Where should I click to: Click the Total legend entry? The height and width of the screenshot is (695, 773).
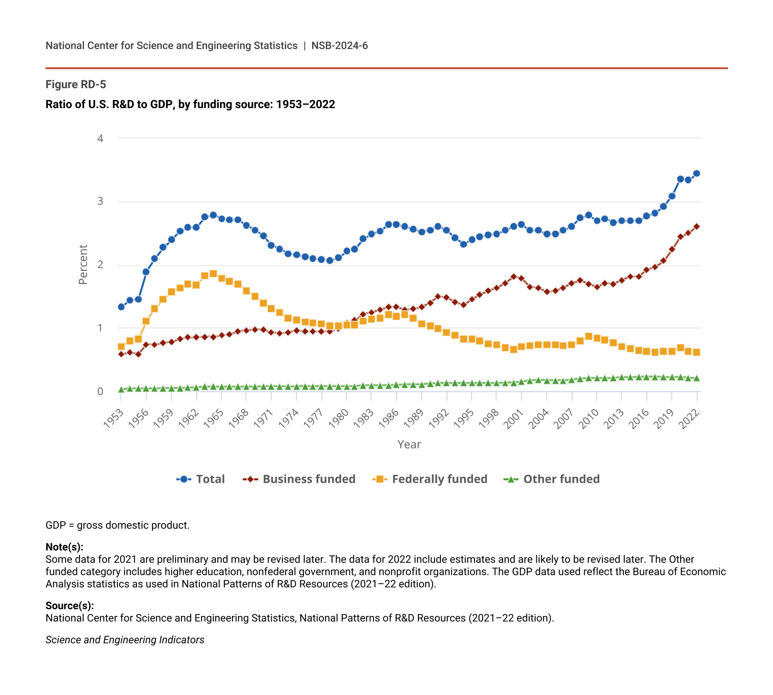(x=201, y=479)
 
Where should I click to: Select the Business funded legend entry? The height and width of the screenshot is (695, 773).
(x=299, y=479)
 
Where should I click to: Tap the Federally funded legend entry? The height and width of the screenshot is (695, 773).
(x=430, y=479)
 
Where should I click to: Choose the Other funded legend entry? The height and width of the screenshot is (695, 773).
(x=552, y=479)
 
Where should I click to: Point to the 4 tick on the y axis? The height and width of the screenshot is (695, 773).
(x=101, y=138)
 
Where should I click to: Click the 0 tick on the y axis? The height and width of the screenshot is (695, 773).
(x=101, y=391)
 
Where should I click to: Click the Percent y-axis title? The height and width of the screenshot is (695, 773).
(x=83, y=265)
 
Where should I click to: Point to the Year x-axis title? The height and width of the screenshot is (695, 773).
(x=409, y=445)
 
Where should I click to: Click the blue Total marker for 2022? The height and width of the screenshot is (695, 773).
(x=696, y=173)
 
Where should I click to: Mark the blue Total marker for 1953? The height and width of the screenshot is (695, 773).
(x=121, y=307)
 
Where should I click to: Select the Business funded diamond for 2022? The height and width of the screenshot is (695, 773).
(x=696, y=226)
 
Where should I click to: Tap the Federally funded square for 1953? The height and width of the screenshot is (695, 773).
(x=121, y=346)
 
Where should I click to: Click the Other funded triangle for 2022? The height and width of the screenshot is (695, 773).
(x=696, y=378)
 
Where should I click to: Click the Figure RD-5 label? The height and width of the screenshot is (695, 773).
(x=76, y=85)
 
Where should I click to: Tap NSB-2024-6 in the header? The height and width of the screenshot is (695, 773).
(x=339, y=45)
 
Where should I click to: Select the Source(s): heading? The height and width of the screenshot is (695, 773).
(x=70, y=605)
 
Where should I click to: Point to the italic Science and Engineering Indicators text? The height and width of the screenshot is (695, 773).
(x=125, y=640)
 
